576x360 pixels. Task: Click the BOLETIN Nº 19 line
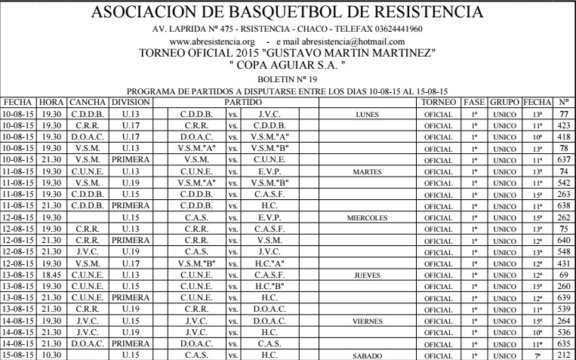click(288, 77)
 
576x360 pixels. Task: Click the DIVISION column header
click(132, 101)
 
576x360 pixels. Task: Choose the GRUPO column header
click(505, 101)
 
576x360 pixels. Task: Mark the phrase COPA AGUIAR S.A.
click(289, 64)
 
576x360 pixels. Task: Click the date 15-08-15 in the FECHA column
click(19, 354)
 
